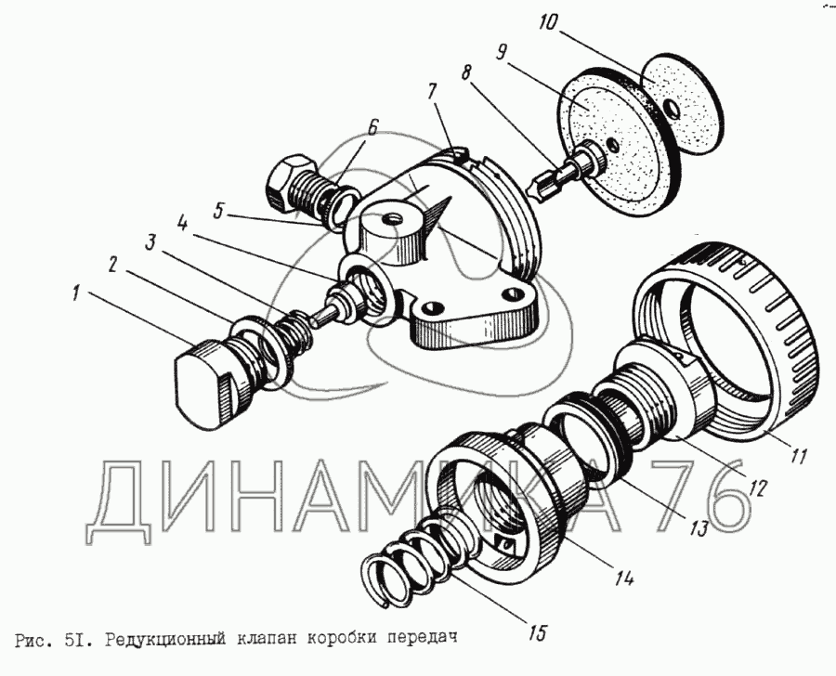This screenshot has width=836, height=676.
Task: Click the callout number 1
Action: click(x=76, y=293)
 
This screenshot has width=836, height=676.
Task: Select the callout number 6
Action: click(x=372, y=128)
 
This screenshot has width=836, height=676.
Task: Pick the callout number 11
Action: click(x=798, y=456)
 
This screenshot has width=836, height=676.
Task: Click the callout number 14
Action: click(x=624, y=578)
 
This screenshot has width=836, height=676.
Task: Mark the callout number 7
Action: click(x=431, y=93)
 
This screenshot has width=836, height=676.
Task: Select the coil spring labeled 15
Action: click(x=411, y=565)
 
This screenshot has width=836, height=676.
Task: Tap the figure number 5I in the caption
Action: click(x=78, y=638)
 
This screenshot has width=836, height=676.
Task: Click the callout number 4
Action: click(x=182, y=225)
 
